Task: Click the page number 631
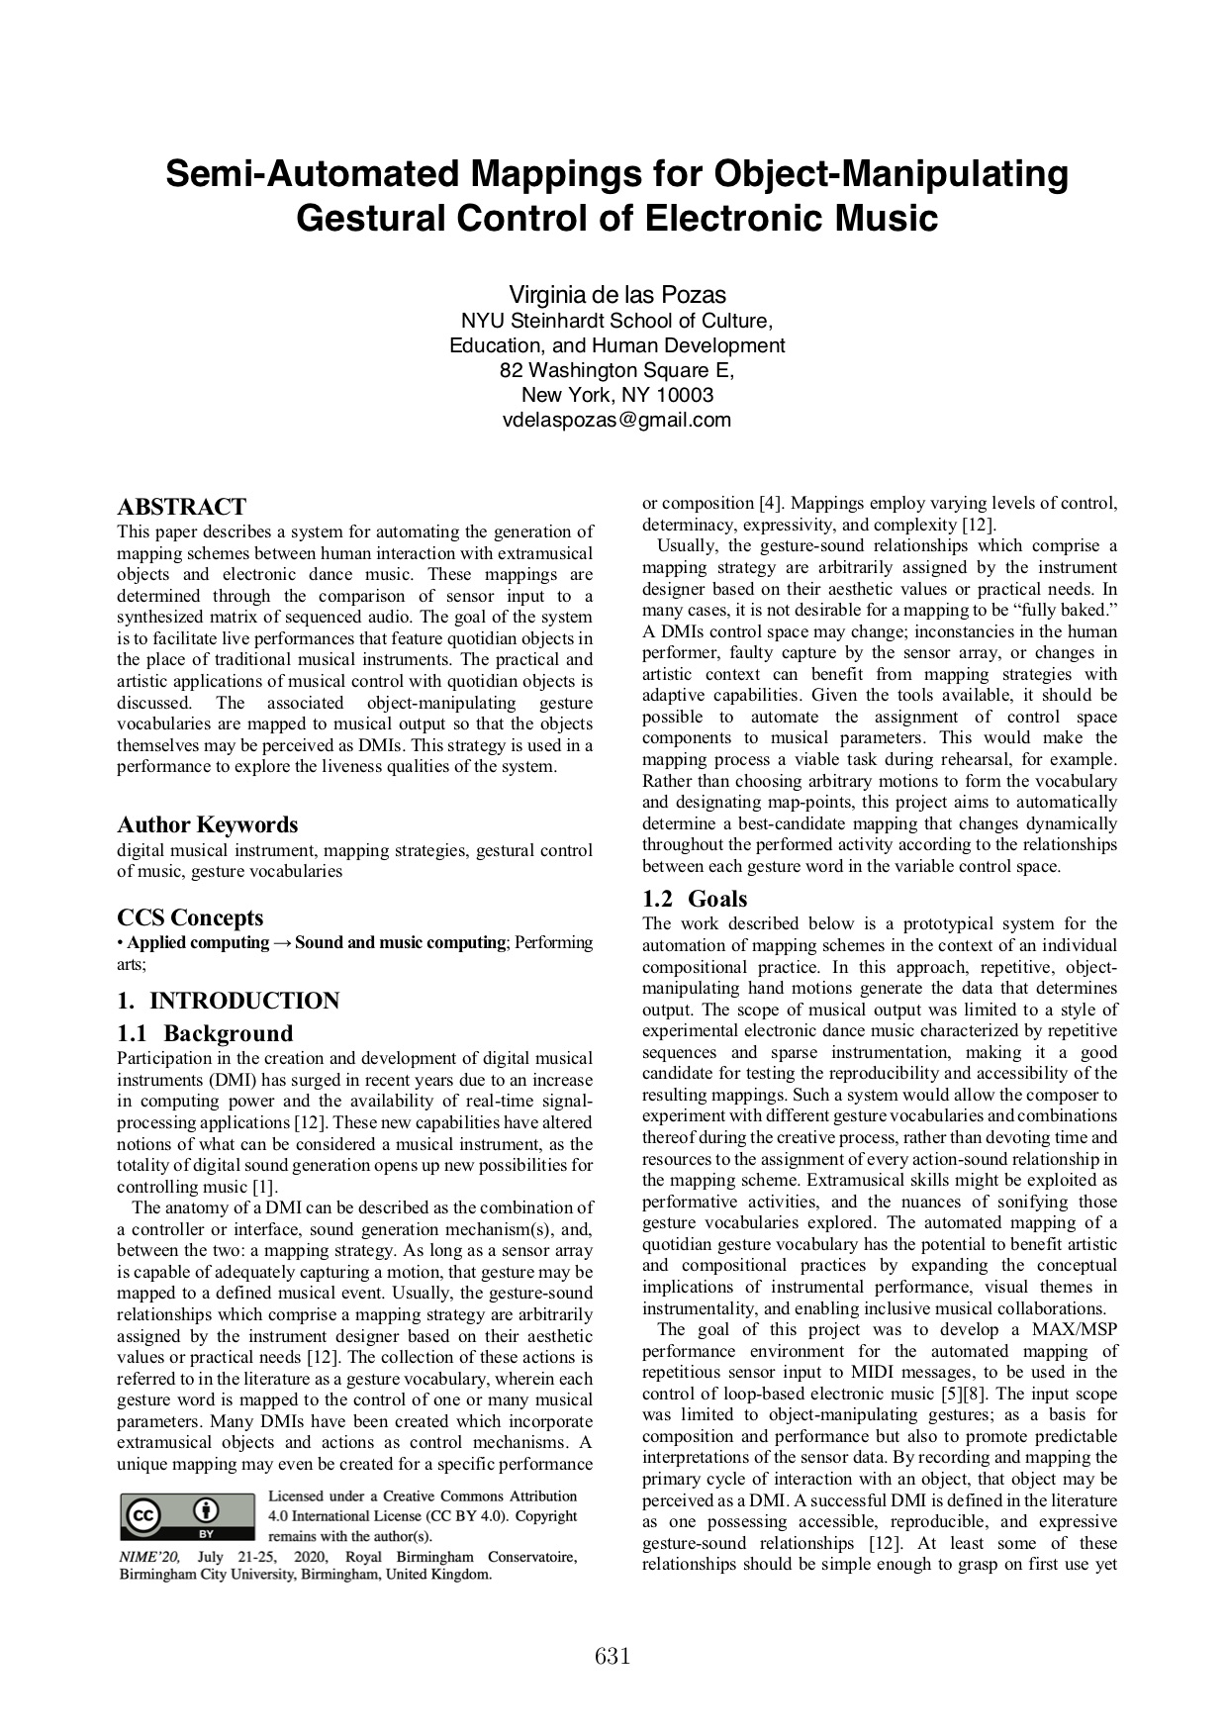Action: [x=613, y=1656]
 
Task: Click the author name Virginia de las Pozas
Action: [x=616, y=295]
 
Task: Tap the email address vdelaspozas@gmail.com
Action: [x=616, y=420]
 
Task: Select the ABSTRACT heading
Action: [x=181, y=507]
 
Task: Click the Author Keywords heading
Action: [x=207, y=824]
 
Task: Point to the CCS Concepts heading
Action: [x=190, y=917]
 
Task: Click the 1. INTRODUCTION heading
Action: [x=228, y=1001]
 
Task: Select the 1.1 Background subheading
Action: [x=205, y=1033]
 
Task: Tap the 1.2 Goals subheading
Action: [x=695, y=899]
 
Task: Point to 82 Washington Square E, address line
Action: [x=616, y=370]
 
